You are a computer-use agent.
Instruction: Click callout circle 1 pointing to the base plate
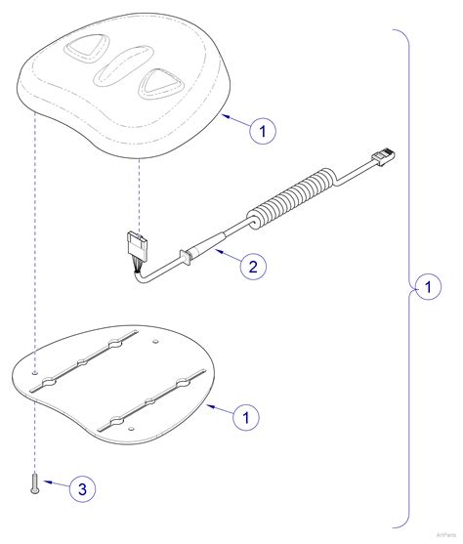pyautogui.click(x=246, y=417)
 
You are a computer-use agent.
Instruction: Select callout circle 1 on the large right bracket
pyautogui.click(x=423, y=287)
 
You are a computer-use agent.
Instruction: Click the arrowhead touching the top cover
pyautogui.click(x=226, y=115)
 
